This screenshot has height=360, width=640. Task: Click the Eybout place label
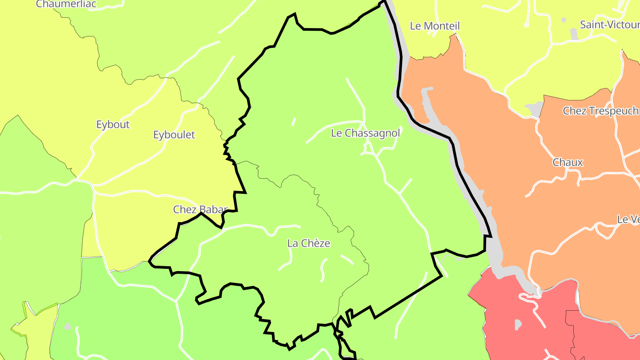coord(113,124)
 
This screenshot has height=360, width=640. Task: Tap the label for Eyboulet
coord(174,135)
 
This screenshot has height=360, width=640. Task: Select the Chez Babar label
coord(200,209)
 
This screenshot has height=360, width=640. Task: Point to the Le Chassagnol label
coord(365,133)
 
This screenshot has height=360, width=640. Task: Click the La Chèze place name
coord(309,243)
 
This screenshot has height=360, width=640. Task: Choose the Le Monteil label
coord(435,26)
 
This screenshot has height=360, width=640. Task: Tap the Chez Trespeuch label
coord(600,111)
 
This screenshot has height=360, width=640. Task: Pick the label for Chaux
coord(568,162)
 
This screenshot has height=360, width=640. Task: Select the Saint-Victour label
coord(609,24)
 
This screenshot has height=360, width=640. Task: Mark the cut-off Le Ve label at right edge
coord(628,219)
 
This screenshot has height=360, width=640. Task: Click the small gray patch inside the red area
coord(518,325)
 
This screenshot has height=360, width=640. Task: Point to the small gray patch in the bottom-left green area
coord(67,326)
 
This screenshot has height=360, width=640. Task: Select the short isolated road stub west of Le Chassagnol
coord(293,122)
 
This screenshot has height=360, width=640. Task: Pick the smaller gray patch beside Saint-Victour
coord(564,20)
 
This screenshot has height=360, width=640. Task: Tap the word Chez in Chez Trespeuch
coord(573,111)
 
